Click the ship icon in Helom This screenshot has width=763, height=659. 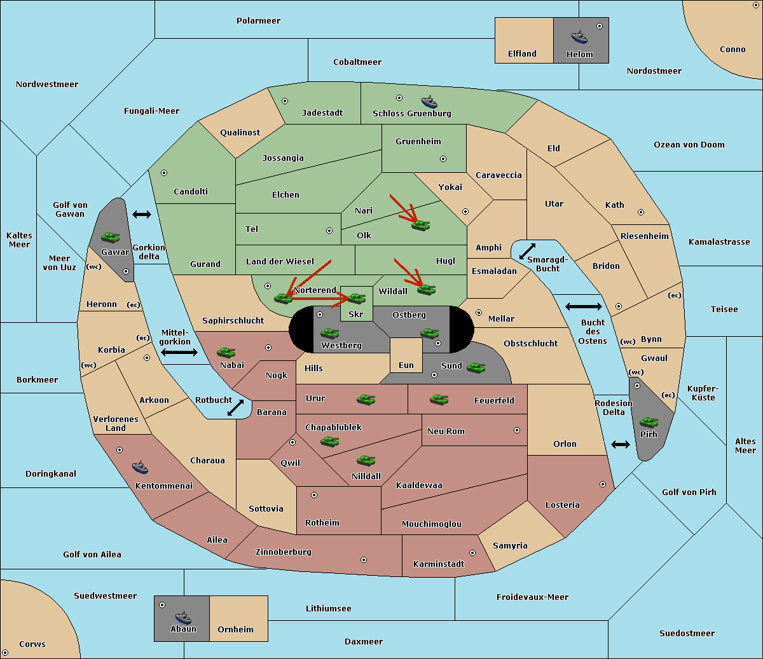coord(579,36)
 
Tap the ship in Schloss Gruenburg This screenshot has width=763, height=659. coord(429,102)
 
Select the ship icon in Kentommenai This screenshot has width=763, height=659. coord(140,467)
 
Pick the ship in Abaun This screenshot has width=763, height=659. coord(183,617)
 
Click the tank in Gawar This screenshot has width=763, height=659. coord(111,237)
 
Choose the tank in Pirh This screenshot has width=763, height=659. coord(649,422)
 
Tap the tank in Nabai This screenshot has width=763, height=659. coord(226,352)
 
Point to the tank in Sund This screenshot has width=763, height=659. coord(476,367)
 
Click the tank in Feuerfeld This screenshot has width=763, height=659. coord(439,399)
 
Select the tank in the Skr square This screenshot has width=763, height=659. coord(356,297)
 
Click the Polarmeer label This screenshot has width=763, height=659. coord(258,21)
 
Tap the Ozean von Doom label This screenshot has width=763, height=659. coord(689,145)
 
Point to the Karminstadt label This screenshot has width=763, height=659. coord(439,564)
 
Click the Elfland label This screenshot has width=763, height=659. coord(522,54)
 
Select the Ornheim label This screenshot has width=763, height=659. coord(235,630)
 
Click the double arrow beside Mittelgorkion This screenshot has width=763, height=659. coord(179,352)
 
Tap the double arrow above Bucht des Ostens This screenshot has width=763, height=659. coord(583,307)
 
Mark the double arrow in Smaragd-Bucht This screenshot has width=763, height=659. coord(528,251)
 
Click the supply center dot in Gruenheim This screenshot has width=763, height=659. coord(443,159)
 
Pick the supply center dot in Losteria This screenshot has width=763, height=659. coord(602,484)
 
